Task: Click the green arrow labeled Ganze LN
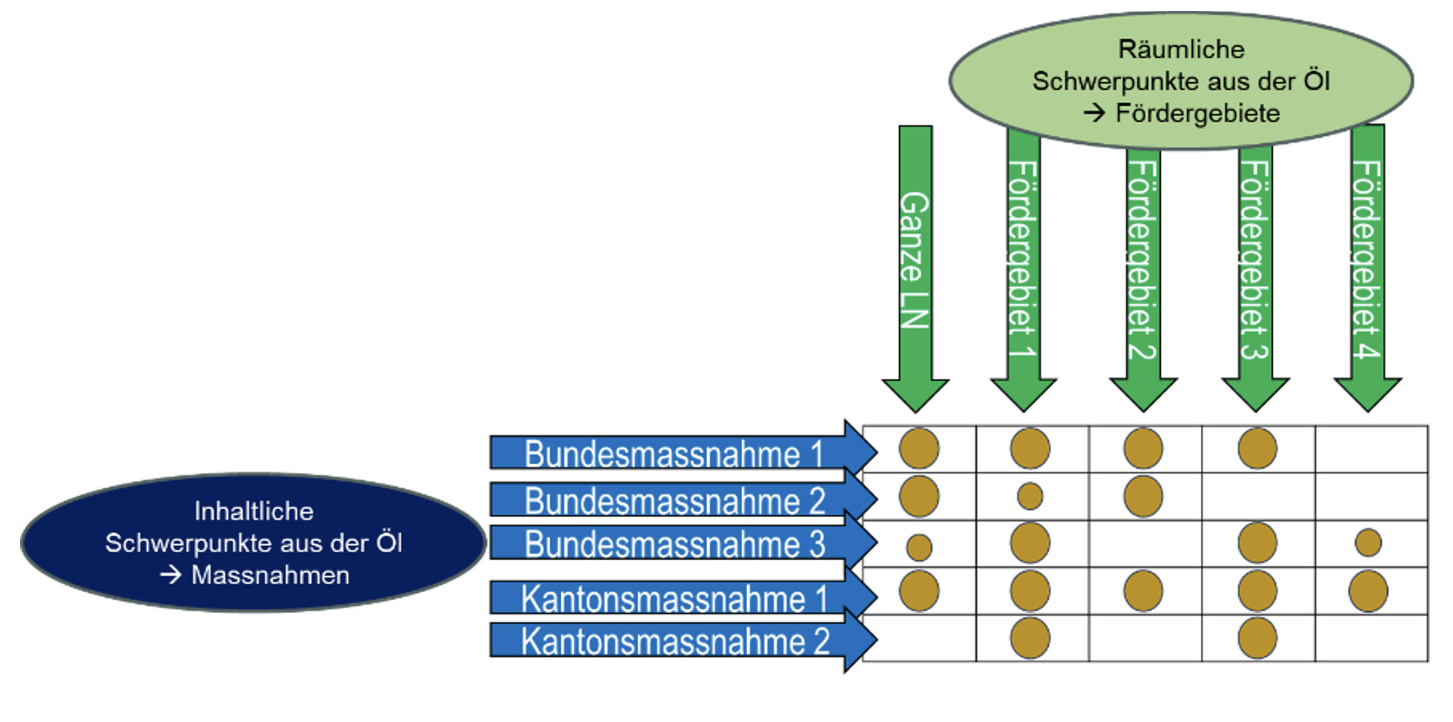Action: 915,259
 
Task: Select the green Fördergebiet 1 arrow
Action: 1023,259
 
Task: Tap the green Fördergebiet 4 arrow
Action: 1368,259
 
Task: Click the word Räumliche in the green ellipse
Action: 1181,49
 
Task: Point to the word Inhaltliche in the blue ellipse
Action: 254,511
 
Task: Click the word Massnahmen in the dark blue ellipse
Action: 270,575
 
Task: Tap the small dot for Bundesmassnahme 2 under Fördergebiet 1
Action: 1030,496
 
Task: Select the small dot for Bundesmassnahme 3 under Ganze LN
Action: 919,547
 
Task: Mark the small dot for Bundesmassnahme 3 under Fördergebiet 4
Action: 1368,543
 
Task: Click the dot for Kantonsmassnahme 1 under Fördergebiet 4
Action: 1368,591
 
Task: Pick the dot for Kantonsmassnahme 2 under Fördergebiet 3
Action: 1257,638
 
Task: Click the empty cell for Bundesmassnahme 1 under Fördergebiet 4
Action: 1371,449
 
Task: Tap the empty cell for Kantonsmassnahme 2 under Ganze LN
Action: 919,638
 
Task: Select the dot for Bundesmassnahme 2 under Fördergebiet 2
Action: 1143,496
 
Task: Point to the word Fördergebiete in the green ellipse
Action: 1197,113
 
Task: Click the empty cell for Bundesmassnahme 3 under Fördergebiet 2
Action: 1145,543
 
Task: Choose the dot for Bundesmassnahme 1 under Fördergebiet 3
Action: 1257,449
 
